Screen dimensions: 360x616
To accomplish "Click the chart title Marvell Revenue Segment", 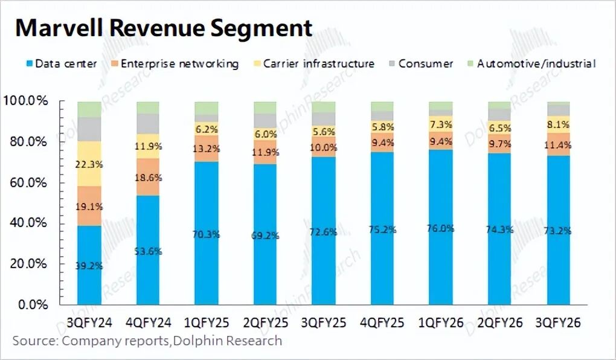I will pyautogui.click(x=164, y=28).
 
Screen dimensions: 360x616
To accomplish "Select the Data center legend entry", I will pyautogui.click(x=60, y=63).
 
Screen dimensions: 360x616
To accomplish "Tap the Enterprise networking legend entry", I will pyautogui.click(x=175, y=63).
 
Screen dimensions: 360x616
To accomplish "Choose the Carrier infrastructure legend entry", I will pyautogui.click(x=313, y=63).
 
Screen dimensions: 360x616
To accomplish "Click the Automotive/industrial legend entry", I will pyautogui.click(x=531, y=63).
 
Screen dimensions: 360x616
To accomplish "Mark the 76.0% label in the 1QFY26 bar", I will pyautogui.click(x=440, y=230).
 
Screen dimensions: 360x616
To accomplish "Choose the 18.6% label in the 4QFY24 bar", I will pyautogui.click(x=148, y=176).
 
